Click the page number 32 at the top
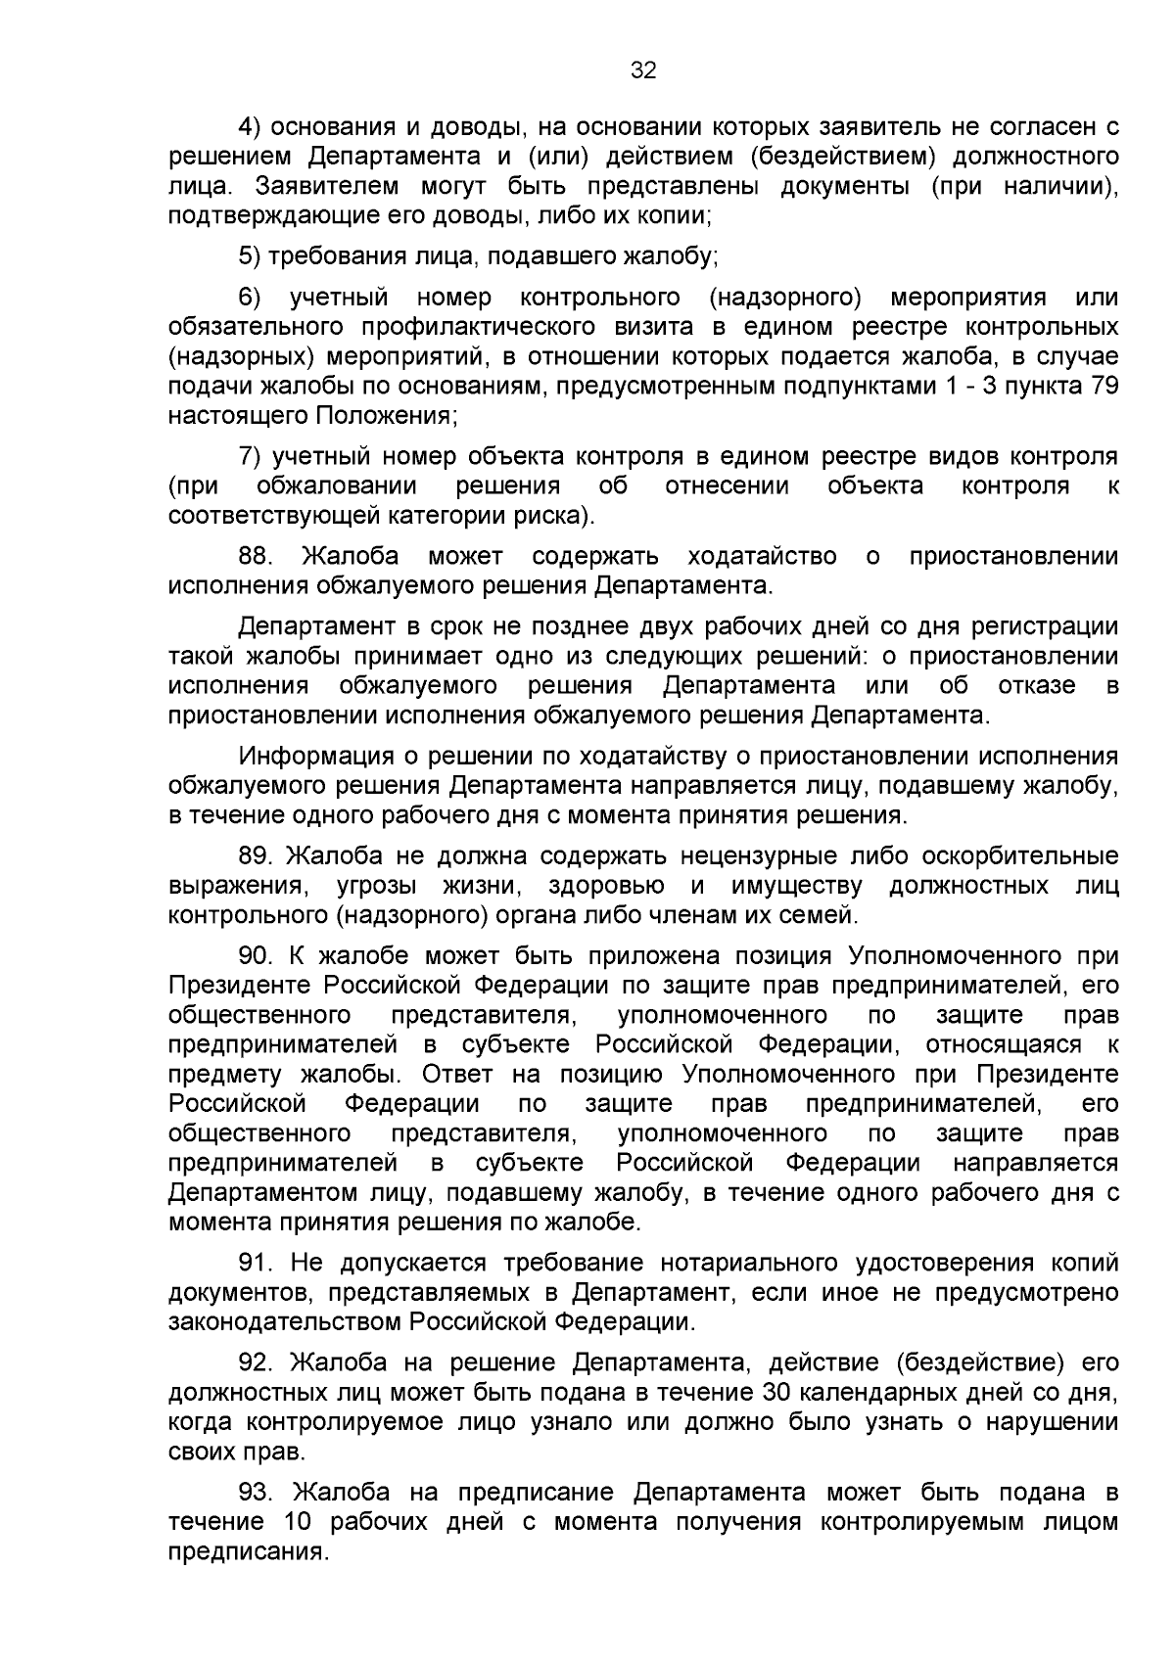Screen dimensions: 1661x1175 (643, 70)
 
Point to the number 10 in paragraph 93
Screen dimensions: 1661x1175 (298, 1523)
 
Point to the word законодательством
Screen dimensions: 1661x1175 (285, 1323)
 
